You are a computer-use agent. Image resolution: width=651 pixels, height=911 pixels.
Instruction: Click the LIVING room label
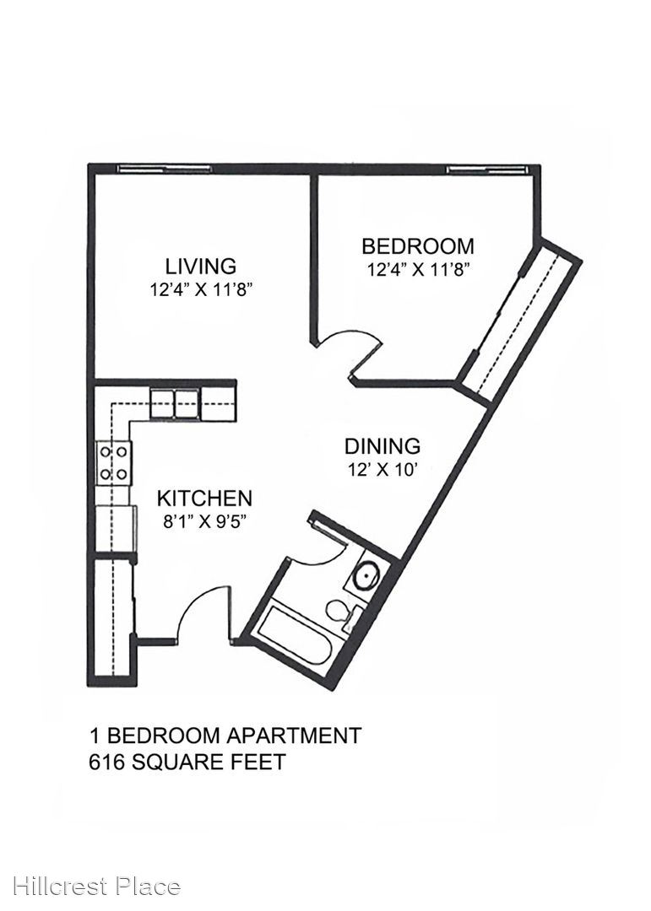tap(201, 266)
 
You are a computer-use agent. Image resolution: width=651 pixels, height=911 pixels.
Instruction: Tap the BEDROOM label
tap(418, 246)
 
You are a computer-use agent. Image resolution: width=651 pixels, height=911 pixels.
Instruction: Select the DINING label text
tap(382, 446)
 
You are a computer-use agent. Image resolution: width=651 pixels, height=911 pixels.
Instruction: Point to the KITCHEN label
tap(204, 499)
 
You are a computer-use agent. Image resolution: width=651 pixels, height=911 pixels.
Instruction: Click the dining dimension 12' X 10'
tap(382, 470)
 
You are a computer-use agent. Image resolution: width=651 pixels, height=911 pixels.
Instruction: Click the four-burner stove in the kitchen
tap(113, 463)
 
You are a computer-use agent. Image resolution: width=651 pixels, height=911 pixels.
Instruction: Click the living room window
tap(164, 169)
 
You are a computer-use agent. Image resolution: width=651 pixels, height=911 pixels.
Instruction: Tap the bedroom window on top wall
tap(487, 169)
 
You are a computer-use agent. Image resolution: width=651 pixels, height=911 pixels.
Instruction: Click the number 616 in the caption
tap(106, 761)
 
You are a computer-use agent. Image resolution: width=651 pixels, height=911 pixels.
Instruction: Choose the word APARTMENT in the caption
tap(293, 736)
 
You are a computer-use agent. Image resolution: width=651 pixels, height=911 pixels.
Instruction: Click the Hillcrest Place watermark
tap(96, 887)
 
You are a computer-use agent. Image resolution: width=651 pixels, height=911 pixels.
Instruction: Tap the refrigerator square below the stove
tap(117, 528)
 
